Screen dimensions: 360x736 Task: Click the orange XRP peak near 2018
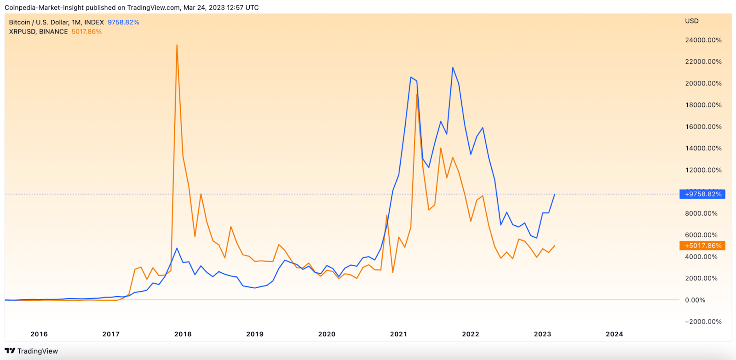[177, 45]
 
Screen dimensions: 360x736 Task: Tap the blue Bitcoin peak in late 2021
[453, 68]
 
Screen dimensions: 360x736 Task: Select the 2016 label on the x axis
[39, 334]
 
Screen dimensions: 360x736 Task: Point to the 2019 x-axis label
[255, 334]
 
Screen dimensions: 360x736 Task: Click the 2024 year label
[615, 334]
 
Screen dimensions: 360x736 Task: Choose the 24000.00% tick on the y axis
[703, 40]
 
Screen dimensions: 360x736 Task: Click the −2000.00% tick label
[703, 322]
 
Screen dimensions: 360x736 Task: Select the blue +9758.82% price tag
[702, 194]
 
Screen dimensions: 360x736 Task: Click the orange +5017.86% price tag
[702, 246]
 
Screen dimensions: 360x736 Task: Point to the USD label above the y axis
[692, 21]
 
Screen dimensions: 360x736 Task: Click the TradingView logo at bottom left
[31, 351]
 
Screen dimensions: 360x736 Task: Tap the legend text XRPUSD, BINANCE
[38, 32]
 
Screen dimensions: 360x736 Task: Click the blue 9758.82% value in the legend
[123, 23]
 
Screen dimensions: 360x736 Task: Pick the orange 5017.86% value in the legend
[86, 32]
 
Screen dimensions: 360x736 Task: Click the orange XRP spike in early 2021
[417, 94]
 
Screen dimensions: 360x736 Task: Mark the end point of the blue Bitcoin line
[555, 194]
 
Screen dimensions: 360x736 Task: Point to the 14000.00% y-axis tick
[703, 149]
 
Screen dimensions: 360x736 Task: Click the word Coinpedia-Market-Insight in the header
[45, 8]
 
